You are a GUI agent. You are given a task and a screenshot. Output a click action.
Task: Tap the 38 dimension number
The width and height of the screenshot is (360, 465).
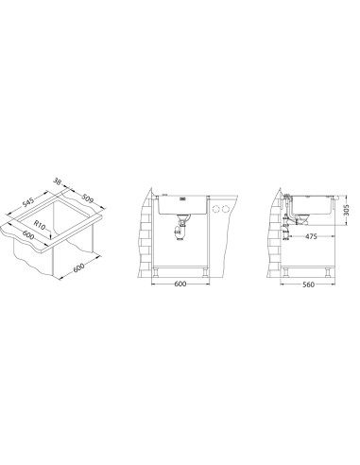pyautogui.click(x=57, y=181)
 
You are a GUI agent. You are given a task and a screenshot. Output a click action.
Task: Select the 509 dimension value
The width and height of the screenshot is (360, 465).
pyautogui.click(x=88, y=198)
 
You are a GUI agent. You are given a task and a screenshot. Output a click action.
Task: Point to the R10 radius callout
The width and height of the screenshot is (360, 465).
pyautogui.click(x=40, y=225)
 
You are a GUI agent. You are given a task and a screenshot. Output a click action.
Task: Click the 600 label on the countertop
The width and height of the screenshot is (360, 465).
pyautogui.click(x=27, y=234)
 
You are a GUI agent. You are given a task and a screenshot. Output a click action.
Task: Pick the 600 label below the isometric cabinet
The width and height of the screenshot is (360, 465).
pyautogui.click(x=78, y=267)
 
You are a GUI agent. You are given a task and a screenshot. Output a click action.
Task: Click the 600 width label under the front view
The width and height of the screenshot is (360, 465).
pyautogui.click(x=180, y=284)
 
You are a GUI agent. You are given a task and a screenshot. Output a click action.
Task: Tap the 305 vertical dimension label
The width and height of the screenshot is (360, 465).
pyautogui.click(x=346, y=210)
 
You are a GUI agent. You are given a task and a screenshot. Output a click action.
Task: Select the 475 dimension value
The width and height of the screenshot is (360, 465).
pyautogui.click(x=311, y=236)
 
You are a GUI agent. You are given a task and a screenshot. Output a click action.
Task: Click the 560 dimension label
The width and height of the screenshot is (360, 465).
pyautogui.click(x=308, y=284)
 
